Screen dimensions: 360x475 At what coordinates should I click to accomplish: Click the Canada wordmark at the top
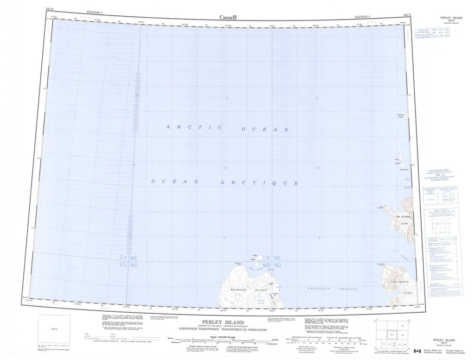[x=228, y=17]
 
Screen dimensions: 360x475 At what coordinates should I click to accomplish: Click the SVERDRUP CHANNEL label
[x=334, y=289]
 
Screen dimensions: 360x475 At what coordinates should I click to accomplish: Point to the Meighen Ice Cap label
[x=261, y=301]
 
